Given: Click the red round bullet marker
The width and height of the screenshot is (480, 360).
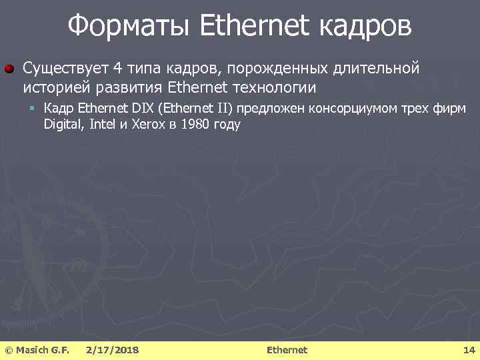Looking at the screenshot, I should pyautogui.click(x=10, y=69).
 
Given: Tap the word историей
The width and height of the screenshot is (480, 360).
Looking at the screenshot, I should pyautogui.click(x=56, y=87).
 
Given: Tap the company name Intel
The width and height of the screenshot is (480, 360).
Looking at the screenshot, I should pyautogui.click(x=99, y=124).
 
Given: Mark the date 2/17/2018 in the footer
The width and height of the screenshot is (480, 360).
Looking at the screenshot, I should pyautogui.click(x=113, y=350).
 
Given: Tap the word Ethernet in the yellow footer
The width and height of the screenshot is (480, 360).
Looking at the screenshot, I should pyautogui.click(x=287, y=350).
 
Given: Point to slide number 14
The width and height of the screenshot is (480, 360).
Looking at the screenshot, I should pyautogui.click(x=469, y=350).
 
